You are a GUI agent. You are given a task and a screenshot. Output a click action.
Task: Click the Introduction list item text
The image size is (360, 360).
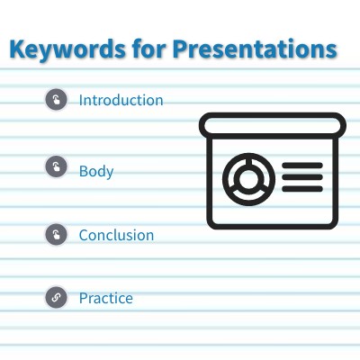tap(121, 100)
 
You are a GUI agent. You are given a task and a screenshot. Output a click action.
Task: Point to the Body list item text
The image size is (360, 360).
tap(96, 170)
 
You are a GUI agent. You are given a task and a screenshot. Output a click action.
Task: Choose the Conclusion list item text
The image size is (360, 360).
tap(116, 235)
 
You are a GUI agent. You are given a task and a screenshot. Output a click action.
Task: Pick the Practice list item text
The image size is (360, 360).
tap(105, 298)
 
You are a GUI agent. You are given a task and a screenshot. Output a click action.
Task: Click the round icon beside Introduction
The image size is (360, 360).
tap(57, 100)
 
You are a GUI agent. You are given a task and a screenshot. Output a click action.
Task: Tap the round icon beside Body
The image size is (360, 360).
tap(57, 168)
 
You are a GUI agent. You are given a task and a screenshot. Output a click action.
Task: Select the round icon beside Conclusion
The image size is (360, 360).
tap(57, 235)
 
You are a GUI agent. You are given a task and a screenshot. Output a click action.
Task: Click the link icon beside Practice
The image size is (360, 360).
tap(57, 298)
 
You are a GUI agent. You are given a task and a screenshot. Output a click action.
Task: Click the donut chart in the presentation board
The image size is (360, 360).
tap(244, 175)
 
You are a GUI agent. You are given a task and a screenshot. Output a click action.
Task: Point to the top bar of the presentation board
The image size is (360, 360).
tap(272, 124)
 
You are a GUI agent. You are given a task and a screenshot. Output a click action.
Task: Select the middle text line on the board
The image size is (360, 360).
tap(301, 175)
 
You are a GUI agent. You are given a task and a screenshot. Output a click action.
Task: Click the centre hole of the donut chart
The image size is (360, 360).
tap(244, 175)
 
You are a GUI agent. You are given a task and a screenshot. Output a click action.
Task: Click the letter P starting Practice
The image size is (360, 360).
tap(83, 298)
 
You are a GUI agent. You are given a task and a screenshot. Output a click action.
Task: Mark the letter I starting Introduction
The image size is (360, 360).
tap(81, 100)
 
